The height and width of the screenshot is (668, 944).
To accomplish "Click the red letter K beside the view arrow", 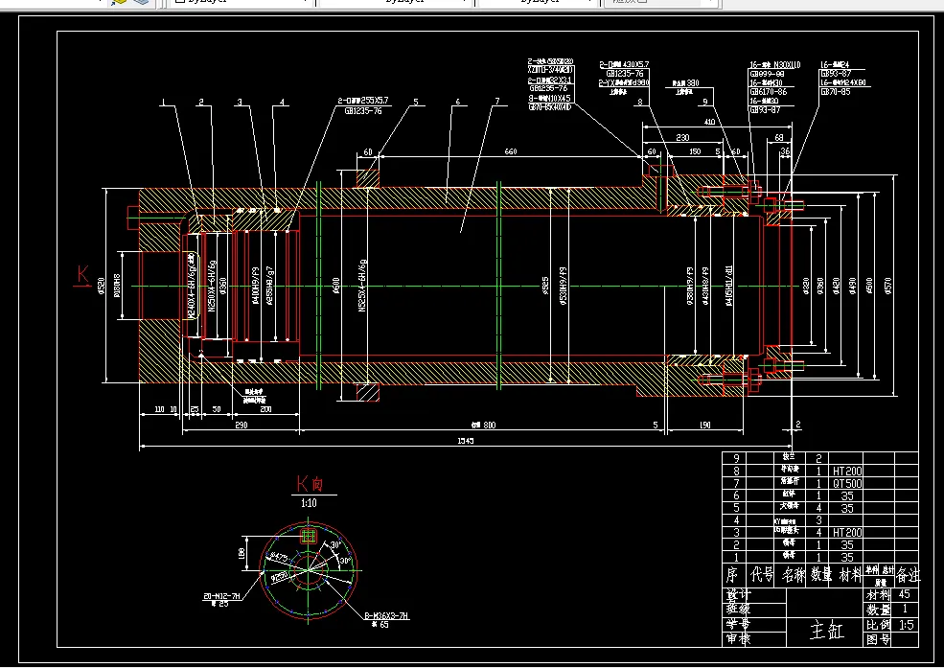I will pos(82,276).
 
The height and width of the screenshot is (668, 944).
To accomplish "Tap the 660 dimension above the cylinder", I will pos(510,151).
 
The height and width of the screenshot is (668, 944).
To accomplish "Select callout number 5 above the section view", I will pos(417,102).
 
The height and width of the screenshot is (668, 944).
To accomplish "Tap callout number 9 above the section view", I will pos(704,102).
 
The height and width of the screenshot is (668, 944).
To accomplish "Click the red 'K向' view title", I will pos(310,484).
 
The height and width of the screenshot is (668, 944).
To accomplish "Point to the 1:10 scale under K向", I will pos(310,502).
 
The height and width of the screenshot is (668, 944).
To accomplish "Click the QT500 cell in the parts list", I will pos(848,484).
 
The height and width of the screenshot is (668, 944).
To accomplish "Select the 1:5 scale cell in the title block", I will pos(906,624).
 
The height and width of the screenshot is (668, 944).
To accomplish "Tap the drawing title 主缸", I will pos(825,631).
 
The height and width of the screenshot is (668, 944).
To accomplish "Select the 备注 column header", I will pos(907,575).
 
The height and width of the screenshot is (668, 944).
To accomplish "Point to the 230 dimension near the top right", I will pos(682,138).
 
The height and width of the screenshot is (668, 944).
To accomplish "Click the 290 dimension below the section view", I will pos(241,425).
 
